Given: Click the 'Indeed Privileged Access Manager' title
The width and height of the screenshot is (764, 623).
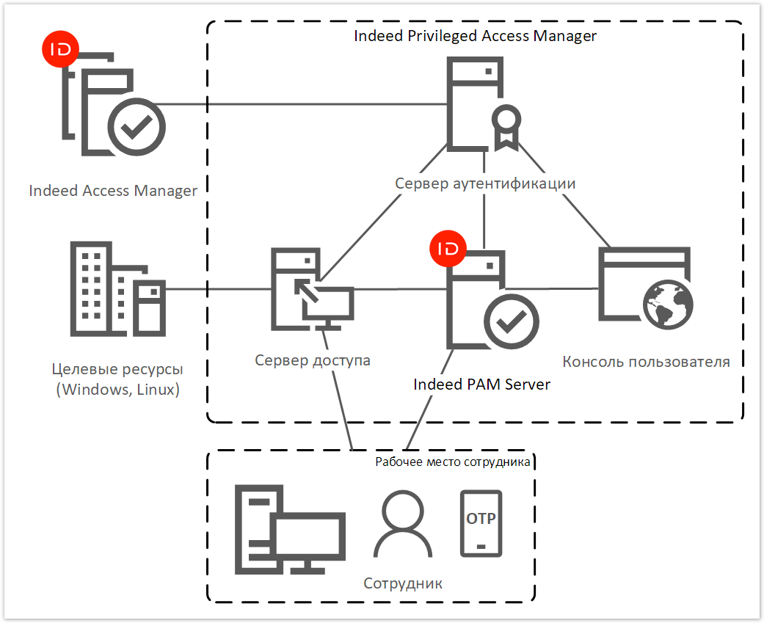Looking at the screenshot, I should click(x=475, y=36).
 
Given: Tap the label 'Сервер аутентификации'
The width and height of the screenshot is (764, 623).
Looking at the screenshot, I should click(x=485, y=183).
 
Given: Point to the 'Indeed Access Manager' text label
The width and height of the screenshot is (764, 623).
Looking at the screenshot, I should click(x=113, y=191).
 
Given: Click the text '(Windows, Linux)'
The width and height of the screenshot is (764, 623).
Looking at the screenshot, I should click(x=117, y=390).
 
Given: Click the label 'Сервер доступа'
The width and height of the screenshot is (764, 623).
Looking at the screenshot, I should click(x=313, y=360).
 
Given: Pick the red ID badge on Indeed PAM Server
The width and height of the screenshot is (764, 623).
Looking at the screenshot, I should click(x=448, y=249).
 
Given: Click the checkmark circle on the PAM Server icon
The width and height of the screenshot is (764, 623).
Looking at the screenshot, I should click(x=512, y=321).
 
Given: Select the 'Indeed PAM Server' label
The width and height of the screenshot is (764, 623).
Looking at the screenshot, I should click(x=481, y=385).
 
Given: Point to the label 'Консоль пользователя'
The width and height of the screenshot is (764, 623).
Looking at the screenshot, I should click(x=646, y=362).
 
